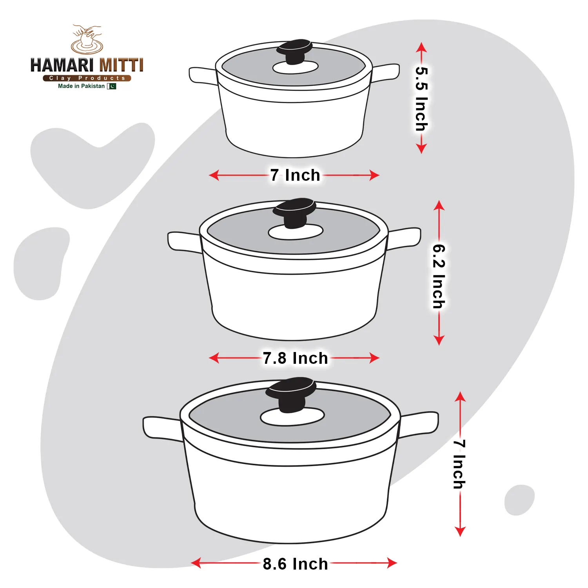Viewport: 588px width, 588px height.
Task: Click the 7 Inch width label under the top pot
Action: [295, 175]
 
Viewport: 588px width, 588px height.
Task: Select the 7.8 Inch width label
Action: [295, 358]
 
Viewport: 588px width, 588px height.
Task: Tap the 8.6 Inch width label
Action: [295, 564]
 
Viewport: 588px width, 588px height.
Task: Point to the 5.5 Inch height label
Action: [421, 99]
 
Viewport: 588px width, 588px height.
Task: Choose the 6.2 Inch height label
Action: [439, 276]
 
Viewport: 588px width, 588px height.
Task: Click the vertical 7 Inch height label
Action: [460, 464]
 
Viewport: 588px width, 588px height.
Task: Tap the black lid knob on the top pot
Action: [294, 51]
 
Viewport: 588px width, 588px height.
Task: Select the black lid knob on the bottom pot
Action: [291, 394]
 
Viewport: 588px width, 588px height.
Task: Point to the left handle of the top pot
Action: [203, 76]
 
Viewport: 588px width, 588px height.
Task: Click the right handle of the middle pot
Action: [404, 238]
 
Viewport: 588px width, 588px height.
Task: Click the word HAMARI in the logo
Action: [62, 65]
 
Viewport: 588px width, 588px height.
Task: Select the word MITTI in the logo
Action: [121, 65]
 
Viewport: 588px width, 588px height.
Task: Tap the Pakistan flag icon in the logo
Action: [112, 86]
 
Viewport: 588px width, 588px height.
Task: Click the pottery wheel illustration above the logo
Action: [87, 40]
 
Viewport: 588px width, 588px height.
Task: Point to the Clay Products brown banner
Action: [87, 78]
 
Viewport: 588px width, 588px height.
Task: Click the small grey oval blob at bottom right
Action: [519, 500]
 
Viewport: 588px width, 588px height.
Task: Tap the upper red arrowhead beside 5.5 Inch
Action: [421, 47]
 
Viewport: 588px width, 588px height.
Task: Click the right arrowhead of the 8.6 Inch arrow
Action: [392, 563]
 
